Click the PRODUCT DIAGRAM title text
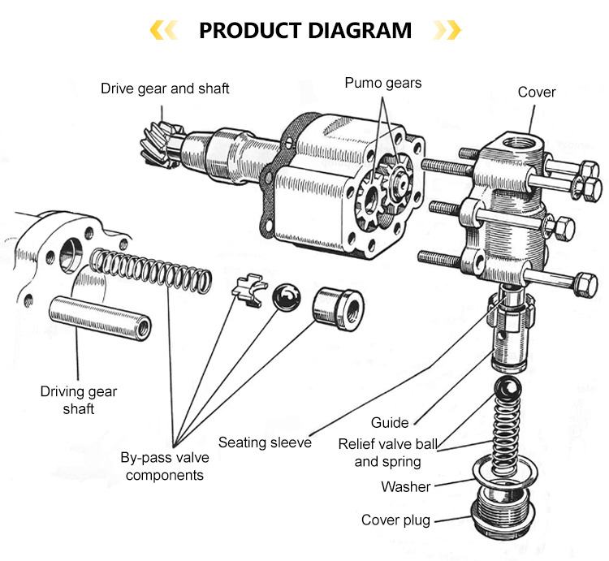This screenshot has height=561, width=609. coord(305,31)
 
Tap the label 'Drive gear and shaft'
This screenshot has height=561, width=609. coord(165,88)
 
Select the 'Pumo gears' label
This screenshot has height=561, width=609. coord(383,82)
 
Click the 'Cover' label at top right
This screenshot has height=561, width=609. coord(537,92)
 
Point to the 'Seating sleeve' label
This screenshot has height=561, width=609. coord(265,442)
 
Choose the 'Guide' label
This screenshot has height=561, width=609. coord(390,422)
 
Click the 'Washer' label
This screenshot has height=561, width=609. coord(406,487)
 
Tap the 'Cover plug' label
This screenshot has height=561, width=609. coord(395,520)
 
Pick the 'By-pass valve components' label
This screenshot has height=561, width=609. coord(164,466)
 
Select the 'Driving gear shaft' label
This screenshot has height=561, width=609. coord(79,400)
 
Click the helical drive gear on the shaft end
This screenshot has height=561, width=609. coord(158,144)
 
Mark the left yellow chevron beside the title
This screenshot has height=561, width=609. coord(165,31)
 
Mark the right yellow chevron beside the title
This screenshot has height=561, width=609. coord(447,31)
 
